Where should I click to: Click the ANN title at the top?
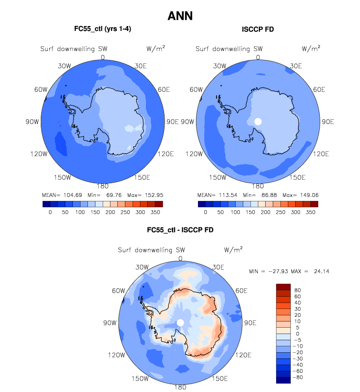click(180, 16)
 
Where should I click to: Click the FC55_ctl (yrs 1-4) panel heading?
click(103, 29)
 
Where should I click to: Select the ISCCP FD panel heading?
click(258, 29)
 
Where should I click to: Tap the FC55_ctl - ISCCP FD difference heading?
click(180, 230)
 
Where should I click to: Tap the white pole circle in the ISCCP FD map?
click(258, 121)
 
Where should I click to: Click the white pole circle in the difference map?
click(180, 322)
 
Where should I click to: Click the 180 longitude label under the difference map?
click(180, 387)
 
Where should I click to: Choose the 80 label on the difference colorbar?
click(297, 290)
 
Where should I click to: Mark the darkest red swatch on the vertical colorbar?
click(284, 287)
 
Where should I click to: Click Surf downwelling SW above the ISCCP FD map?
click(229, 49)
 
